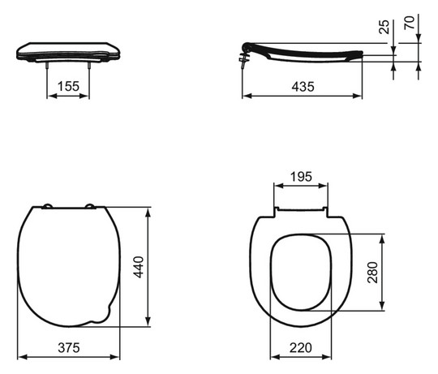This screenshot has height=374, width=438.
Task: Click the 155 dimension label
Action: click(68, 86)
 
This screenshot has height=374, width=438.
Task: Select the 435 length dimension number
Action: click(303, 87)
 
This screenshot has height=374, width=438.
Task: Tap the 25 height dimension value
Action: click(384, 27)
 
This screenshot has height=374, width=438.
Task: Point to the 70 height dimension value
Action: click(410, 23)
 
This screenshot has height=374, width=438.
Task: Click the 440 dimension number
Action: click(139, 267)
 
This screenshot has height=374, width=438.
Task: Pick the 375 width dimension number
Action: click(69, 348)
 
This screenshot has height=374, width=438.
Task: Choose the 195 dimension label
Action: click(301, 177)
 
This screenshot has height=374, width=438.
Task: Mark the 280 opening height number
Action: click(372, 273)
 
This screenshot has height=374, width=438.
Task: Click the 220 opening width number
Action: click(301, 348)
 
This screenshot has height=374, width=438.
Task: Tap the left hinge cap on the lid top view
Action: click(47, 206)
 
